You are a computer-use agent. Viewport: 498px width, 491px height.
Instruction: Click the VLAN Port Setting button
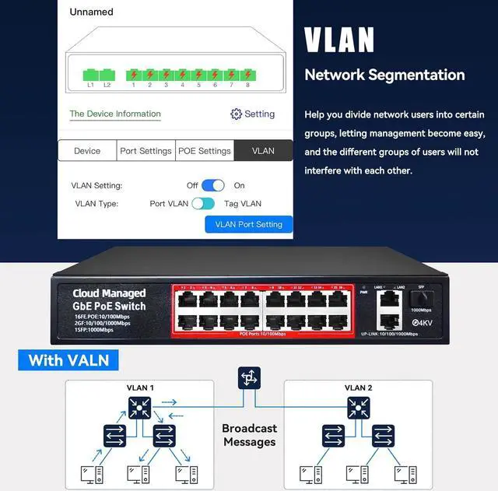[x=249, y=224]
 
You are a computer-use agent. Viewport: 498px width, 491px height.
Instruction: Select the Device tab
[x=87, y=151]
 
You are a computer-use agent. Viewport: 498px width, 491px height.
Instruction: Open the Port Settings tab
[x=146, y=151]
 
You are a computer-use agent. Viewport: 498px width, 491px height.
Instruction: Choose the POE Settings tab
[x=205, y=151]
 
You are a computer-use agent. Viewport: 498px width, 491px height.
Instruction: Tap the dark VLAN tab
[x=263, y=151]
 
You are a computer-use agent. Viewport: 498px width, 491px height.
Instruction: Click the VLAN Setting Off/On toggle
[x=213, y=185]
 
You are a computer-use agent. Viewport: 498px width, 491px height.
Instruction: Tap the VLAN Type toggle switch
[x=203, y=204]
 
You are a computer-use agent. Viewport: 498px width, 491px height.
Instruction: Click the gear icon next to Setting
[x=236, y=114]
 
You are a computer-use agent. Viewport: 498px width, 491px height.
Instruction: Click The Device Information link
[x=115, y=114]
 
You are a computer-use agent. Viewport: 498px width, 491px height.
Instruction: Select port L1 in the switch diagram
[x=90, y=75]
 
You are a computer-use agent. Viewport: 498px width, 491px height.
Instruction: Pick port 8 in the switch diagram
[x=247, y=75]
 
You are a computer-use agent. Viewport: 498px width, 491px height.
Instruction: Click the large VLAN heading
[x=339, y=40]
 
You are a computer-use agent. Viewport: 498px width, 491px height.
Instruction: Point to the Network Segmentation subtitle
[x=384, y=75]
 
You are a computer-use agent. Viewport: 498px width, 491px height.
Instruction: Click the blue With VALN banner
[x=68, y=360]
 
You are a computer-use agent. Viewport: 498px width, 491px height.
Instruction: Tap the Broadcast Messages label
[x=249, y=435]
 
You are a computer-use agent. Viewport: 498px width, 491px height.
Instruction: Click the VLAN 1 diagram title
[x=141, y=388]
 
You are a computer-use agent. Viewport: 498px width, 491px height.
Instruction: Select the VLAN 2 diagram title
[x=358, y=388]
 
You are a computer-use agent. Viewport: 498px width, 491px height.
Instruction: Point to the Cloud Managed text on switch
[x=109, y=293]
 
